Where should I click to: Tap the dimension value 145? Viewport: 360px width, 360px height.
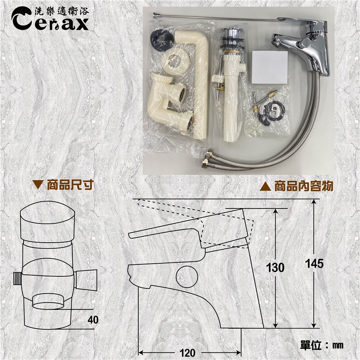[314, 263]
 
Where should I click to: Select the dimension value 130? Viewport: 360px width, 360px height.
[275, 267]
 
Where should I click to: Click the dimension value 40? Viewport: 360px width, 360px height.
[93, 320]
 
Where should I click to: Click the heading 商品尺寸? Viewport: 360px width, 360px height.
[70, 185]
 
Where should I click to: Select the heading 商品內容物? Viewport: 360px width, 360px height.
[304, 186]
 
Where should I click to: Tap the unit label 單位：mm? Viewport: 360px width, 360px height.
[322, 345]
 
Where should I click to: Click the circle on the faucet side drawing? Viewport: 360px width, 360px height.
[187, 277]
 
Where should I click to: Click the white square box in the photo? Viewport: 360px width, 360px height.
[270, 67]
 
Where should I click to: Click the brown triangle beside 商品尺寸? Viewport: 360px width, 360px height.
[37, 185]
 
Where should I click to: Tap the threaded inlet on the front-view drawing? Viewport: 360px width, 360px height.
[17, 279]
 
